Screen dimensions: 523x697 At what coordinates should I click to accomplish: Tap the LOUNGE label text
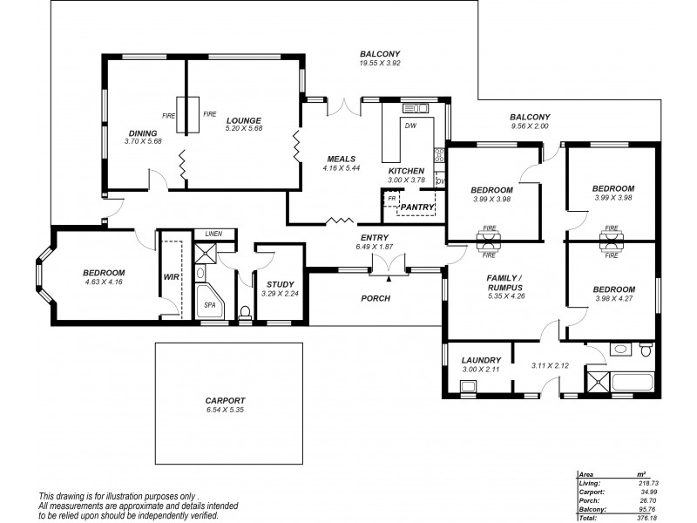click(244, 120)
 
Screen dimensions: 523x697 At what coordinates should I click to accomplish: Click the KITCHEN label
click(406, 170)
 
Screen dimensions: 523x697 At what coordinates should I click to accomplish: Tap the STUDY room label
click(280, 284)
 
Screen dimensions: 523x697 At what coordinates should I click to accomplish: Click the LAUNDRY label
click(481, 360)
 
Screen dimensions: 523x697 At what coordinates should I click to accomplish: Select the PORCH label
click(376, 298)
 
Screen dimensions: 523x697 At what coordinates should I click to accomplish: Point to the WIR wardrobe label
click(170, 278)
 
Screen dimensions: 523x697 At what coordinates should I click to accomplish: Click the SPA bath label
click(209, 305)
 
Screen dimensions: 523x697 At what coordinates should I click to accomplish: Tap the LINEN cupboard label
click(213, 234)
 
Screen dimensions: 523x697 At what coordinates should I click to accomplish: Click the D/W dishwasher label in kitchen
click(411, 126)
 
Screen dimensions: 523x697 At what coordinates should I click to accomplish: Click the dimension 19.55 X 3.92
click(377, 63)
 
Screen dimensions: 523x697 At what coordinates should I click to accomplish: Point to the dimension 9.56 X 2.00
click(530, 126)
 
